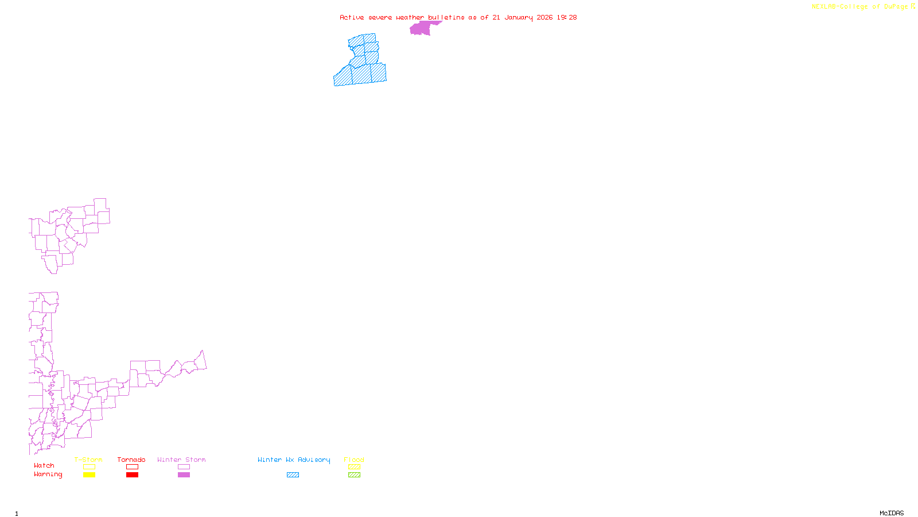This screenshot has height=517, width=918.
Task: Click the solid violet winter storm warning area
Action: point(421,28)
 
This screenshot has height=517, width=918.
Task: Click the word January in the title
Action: point(518,17)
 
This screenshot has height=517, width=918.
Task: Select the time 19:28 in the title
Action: point(566,17)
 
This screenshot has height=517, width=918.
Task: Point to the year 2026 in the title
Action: point(544,17)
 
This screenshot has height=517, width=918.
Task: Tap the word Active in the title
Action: point(351,17)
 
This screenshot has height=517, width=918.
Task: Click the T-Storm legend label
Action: point(88,460)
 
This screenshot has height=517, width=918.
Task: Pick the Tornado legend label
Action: point(131,460)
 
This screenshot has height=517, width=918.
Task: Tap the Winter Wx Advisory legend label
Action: point(294,460)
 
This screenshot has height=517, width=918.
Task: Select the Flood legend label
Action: point(354,460)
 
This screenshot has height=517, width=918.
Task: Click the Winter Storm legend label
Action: point(181,460)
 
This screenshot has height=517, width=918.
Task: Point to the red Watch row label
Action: point(44,465)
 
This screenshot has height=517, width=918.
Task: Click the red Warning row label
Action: point(48,474)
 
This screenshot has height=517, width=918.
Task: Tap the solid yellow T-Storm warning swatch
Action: point(89,475)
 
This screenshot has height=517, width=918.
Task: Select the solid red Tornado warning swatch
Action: point(133,475)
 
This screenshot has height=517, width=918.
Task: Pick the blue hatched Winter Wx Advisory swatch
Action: point(293,475)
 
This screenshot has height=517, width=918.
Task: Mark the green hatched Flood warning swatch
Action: point(354,475)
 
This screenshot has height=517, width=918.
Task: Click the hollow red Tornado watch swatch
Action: point(133,467)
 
